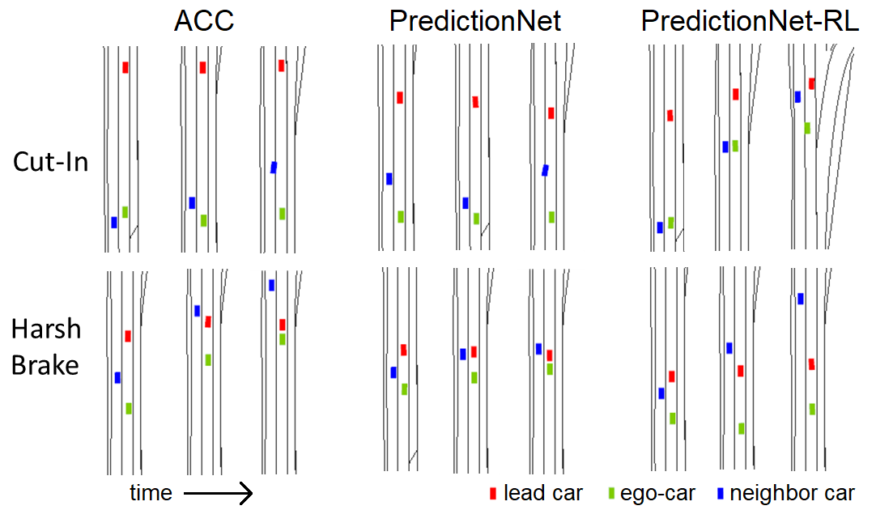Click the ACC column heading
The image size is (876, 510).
point(204,21)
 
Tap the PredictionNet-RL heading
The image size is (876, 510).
point(750,21)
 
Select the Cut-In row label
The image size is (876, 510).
point(51,162)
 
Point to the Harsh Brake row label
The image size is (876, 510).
point(46,346)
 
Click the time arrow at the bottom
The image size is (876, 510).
point(219,493)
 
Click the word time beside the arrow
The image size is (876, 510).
point(151,492)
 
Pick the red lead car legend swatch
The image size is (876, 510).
point(492,493)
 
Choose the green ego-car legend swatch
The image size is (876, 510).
point(610,493)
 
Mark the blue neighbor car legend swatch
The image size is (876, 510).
point(720,493)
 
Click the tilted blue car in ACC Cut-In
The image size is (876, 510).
point(274,168)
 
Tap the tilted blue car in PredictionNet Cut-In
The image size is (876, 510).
point(546,170)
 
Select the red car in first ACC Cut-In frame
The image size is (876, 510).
point(125,67)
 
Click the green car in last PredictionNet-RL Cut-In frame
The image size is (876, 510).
point(807,128)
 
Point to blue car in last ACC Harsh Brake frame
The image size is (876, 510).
point(272,285)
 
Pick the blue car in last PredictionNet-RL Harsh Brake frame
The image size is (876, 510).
point(801,299)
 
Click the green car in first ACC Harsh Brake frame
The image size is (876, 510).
point(129,409)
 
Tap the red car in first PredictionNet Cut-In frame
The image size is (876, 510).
point(400,98)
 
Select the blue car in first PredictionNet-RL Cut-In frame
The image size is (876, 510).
point(660,227)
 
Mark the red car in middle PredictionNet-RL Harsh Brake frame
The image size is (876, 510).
point(740,371)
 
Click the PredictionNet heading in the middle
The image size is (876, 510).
point(475,21)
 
